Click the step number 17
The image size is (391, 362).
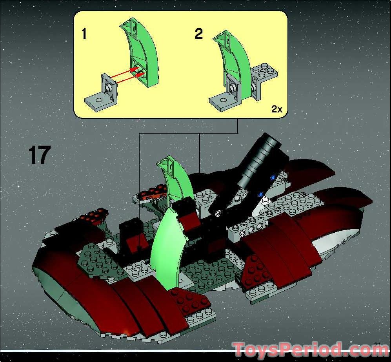click(x=40, y=155)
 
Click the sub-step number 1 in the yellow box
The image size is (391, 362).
click(x=84, y=34)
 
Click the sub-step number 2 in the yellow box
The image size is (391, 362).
click(x=199, y=34)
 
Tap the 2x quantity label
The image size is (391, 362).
click(x=276, y=109)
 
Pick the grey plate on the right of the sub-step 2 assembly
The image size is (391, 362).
click(x=265, y=74)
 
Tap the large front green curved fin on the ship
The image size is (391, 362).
click(x=165, y=247)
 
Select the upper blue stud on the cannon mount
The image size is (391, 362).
click(x=273, y=177)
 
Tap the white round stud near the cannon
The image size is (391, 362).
click(x=266, y=201)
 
